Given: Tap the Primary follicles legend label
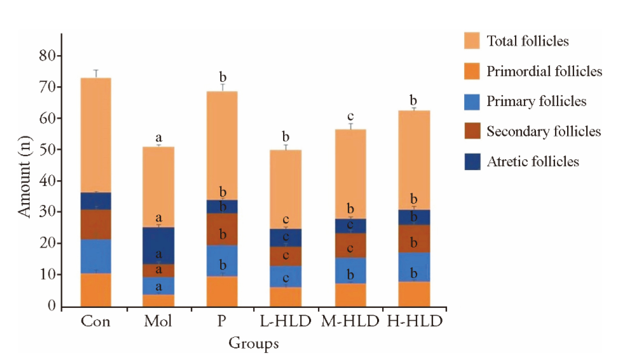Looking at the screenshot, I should (x=536, y=102).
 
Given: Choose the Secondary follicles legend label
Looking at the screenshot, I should (x=544, y=132).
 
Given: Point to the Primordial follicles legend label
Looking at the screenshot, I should (x=544, y=71).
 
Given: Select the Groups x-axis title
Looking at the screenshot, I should (x=253, y=344).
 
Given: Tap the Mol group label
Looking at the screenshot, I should (x=159, y=321).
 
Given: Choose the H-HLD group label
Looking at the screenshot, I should (x=415, y=321).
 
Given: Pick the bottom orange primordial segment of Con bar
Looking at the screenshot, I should (x=95, y=290).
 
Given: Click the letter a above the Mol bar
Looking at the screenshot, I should (x=159, y=138).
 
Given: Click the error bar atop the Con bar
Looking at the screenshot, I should (x=95, y=74).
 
